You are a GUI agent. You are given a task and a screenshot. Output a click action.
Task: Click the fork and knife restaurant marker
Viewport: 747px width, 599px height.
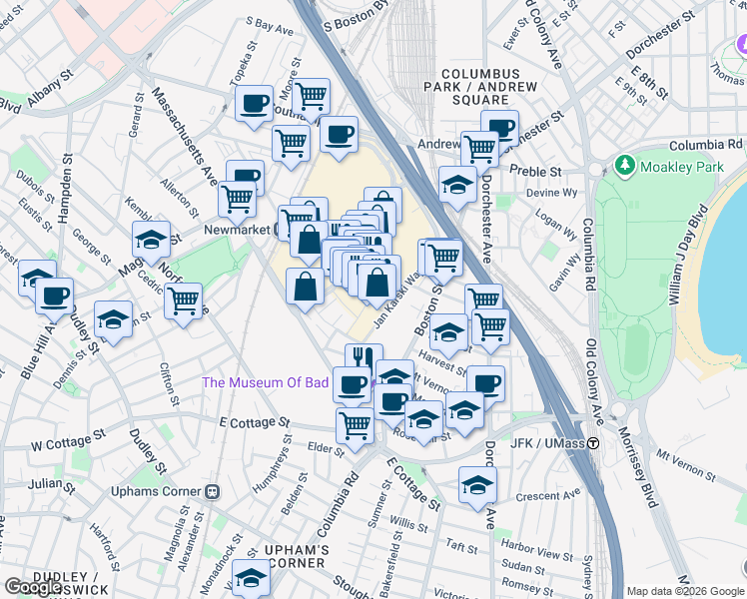click(x=365, y=359)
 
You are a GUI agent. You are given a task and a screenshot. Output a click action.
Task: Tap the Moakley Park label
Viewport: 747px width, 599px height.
click(x=683, y=167)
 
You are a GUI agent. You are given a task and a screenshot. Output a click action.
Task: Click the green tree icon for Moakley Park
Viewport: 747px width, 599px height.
click(x=626, y=164)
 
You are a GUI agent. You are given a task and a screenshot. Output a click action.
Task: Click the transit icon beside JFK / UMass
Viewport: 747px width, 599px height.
click(x=593, y=443)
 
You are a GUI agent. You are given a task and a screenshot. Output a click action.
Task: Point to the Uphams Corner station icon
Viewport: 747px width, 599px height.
click(x=212, y=492)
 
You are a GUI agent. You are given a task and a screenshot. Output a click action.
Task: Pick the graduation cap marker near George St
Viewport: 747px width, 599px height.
click(x=151, y=239)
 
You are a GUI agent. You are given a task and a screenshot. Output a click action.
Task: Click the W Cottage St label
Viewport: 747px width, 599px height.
click(x=68, y=438)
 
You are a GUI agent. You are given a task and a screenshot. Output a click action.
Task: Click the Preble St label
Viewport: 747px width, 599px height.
click(x=536, y=171)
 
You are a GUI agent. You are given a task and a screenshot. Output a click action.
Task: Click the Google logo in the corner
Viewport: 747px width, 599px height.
click(x=34, y=587)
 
